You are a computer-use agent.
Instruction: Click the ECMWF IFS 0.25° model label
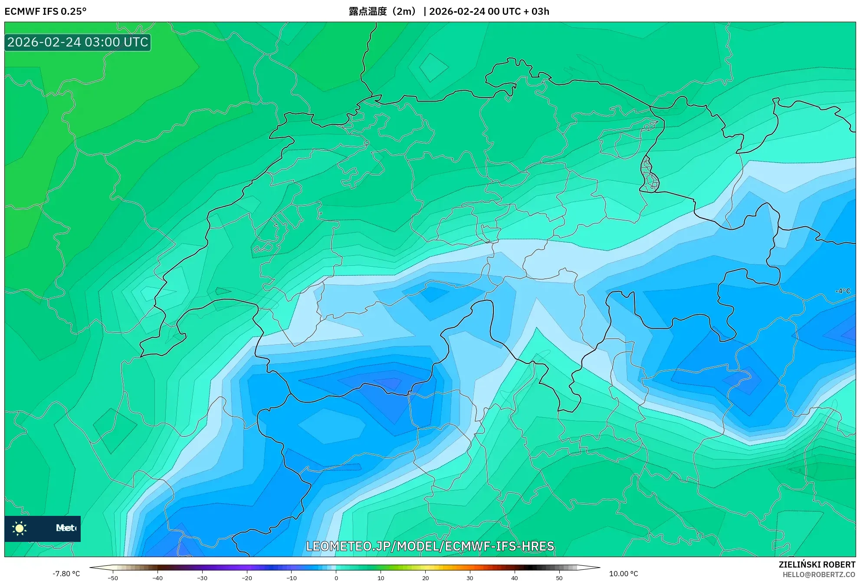coord(46,11)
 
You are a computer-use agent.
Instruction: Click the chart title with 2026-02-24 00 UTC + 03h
coord(449,11)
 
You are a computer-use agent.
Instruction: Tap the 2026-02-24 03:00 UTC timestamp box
coord(78,42)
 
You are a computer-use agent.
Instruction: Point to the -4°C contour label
coord(843,291)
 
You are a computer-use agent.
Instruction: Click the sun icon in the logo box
coord(20,528)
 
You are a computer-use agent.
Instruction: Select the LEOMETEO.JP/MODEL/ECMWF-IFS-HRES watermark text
coord(430,546)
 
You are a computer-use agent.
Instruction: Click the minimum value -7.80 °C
coord(66,574)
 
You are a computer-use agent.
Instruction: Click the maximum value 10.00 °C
coord(623,574)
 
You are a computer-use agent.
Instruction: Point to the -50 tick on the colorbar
coord(113,578)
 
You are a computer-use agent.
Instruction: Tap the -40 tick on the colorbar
coord(158,578)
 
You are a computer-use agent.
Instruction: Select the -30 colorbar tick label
coord(202,578)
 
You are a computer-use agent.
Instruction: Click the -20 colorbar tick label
coord(247,578)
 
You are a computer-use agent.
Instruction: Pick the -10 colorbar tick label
coord(292,578)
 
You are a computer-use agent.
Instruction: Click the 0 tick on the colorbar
coord(336,578)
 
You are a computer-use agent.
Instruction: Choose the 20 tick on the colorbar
coord(425,578)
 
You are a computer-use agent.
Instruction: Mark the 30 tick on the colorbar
coord(470,578)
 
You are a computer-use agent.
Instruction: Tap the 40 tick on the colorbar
coord(515,578)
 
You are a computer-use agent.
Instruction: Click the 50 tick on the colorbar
coord(559,578)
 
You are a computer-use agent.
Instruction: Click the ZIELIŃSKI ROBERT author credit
coord(817,564)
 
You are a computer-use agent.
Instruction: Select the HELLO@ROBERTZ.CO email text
coord(819,574)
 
